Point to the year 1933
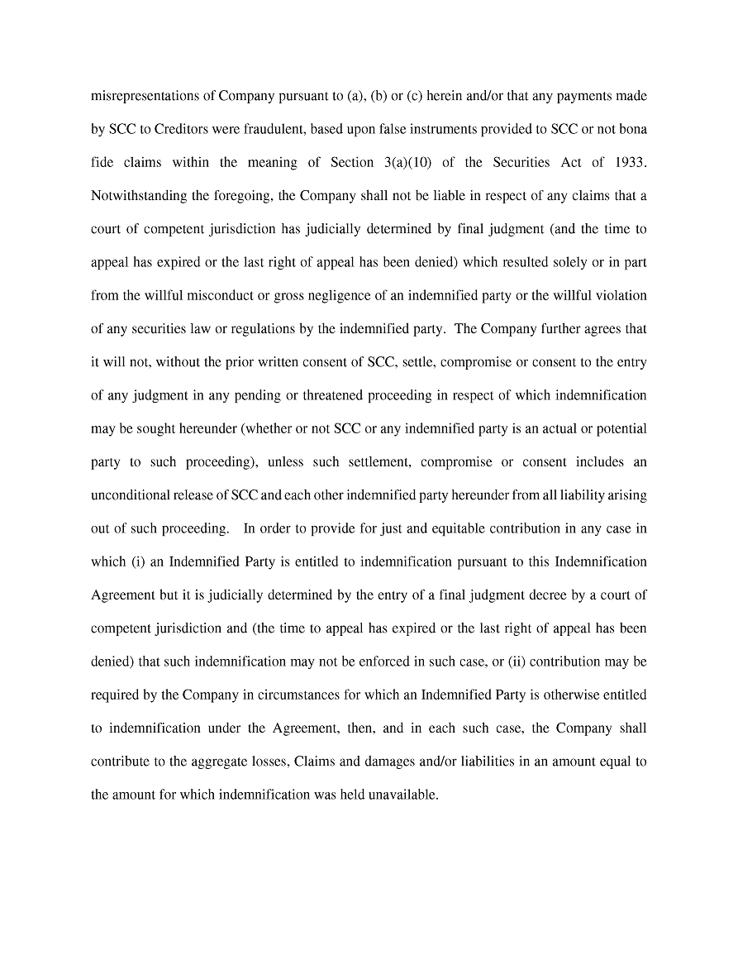pos(630,162)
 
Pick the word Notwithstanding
pos(134,196)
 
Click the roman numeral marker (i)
pos(140,561)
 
